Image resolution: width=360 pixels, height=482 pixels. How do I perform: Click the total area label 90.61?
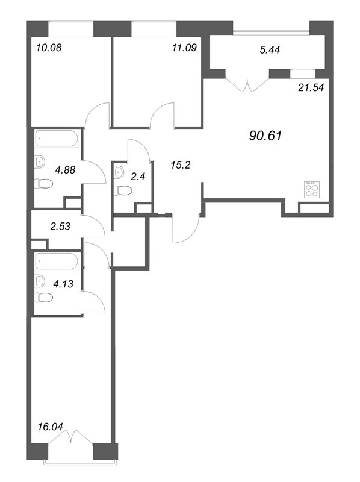(x=265, y=136)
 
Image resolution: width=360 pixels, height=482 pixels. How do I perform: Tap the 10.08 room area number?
(x=49, y=48)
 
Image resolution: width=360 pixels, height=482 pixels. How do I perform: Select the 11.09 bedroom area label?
(x=184, y=48)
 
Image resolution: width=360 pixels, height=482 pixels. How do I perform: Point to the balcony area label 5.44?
(x=270, y=50)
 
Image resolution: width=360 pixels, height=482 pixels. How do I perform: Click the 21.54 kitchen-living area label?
(x=311, y=88)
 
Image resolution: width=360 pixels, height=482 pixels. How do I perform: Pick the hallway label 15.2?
(x=181, y=165)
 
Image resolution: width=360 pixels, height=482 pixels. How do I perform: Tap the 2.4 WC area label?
(x=138, y=177)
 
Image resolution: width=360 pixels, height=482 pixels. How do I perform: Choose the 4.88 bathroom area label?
(x=65, y=170)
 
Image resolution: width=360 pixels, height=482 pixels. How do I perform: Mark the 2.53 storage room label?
(x=60, y=227)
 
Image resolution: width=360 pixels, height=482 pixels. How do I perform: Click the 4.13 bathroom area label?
(x=63, y=284)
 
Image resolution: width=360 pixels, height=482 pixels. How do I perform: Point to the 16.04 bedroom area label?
(x=51, y=427)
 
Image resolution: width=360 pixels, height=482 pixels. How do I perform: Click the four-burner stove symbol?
(x=311, y=189)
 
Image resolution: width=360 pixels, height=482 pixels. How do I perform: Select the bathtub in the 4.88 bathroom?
(x=57, y=139)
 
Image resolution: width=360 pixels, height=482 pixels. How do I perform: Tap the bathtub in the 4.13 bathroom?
(x=57, y=261)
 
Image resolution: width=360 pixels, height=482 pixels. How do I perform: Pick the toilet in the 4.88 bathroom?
(x=43, y=184)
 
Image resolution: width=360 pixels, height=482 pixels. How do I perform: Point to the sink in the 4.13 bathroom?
(x=40, y=280)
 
